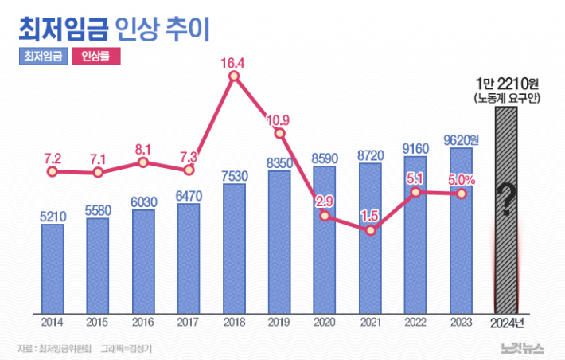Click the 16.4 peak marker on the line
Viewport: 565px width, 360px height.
pyautogui.click(x=233, y=76)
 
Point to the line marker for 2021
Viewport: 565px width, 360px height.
pyautogui.click(x=369, y=231)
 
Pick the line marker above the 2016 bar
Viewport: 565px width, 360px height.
pyautogui.click(x=143, y=162)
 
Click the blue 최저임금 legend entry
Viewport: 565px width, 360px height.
pyautogui.click(x=42, y=57)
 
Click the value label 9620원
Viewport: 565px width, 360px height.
pyautogui.click(x=462, y=140)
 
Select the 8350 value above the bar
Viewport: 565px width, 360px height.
pyautogui.click(x=279, y=163)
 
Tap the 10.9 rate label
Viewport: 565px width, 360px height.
pyautogui.click(x=278, y=120)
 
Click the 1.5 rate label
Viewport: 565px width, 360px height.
pyautogui.click(x=368, y=216)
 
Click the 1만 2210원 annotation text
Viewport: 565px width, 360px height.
pyautogui.click(x=506, y=83)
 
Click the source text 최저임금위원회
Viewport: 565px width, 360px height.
pyautogui.click(x=65, y=348)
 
